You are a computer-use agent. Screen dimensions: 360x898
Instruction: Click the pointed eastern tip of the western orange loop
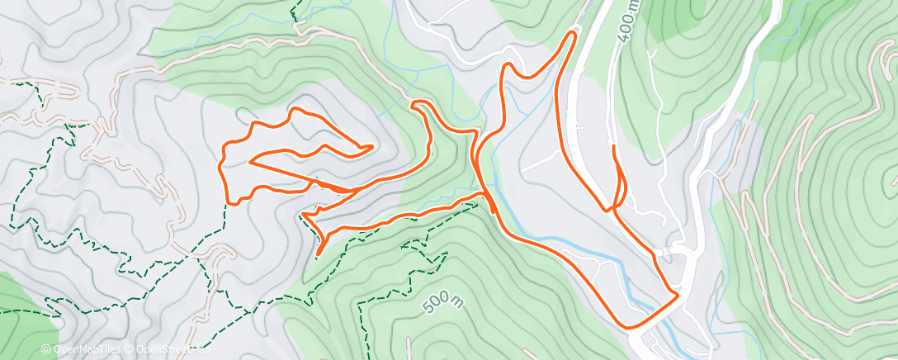tap(371, 147)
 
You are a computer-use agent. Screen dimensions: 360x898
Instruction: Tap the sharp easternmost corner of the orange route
tap(678, 292)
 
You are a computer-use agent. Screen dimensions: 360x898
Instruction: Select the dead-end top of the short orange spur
tap(614, 147)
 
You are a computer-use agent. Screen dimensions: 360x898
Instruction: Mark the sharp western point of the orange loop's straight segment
tap(249, 162)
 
